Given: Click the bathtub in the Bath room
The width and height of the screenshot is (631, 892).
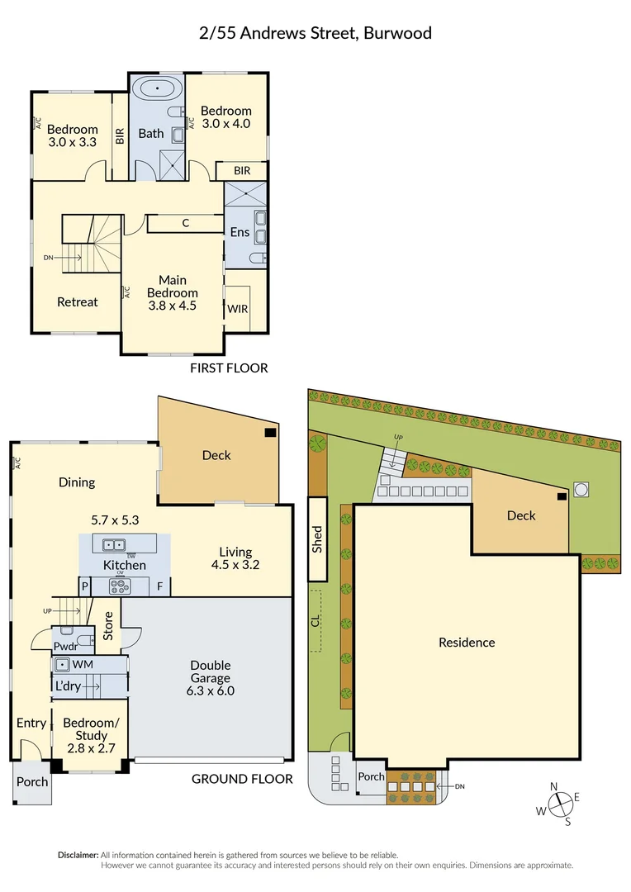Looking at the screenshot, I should (x=157, y=89).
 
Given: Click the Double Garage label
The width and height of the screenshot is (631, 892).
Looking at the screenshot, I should (x=210, y=678).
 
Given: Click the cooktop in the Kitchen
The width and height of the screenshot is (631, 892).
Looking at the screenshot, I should (x=119, y=587).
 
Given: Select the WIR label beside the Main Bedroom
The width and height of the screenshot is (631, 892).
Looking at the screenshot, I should (x=238, y=309).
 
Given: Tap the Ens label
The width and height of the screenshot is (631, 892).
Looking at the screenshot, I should (x=240, y=232).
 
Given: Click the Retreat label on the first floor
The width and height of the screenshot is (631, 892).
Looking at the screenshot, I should (x=77, y=302).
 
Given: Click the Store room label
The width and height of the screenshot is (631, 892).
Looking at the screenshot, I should (x=108, y=625).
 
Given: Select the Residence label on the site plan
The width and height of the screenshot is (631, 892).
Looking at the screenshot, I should (x=467, y=643).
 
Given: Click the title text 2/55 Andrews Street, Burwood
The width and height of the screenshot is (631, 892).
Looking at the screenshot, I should (x=315, y=34).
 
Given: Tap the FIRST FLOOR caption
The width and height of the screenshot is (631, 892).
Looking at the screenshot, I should (x=229, y=368).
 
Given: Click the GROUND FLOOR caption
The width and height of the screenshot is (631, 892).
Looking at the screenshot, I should (x=242, y=779).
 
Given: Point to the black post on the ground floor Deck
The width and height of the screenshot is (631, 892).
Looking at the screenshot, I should (x=270, y=432).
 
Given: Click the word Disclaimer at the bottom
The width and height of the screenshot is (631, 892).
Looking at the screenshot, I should (x=78, y=856).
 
